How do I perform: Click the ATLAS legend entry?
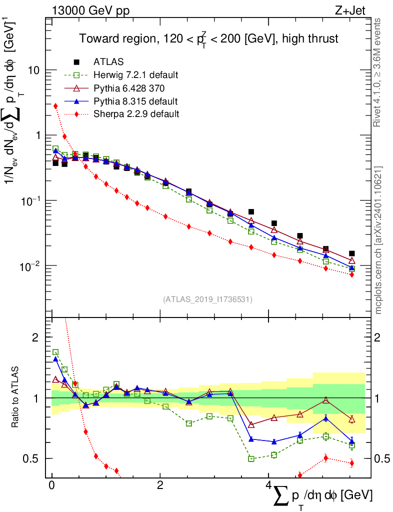(105, 62)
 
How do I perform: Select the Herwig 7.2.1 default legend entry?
(135, 75)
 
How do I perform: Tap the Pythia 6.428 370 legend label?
(129, 88)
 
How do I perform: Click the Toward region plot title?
(208, 38)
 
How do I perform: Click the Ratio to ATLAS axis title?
(16, 398)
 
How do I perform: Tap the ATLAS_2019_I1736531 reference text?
(207, 299)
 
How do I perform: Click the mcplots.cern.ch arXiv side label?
(378, 240)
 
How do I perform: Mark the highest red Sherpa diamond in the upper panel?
(55, 106)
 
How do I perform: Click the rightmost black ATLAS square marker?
(352, 253)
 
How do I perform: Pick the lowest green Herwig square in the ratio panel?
(251, 458)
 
